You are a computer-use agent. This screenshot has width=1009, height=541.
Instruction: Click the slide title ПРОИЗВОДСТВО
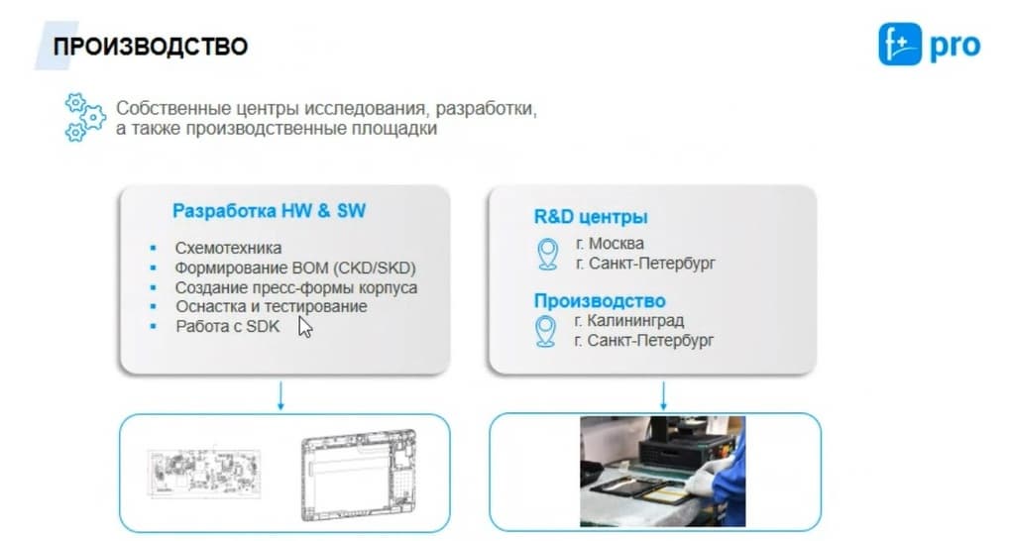(x=151, y=47)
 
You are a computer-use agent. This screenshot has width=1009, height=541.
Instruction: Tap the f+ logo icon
(x=900, y=44)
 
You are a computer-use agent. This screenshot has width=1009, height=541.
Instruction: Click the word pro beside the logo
(x=954, y=47)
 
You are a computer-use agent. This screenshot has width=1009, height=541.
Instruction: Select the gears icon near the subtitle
(x=84, y=117)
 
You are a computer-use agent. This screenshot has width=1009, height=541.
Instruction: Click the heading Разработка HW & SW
(x=269, y=211)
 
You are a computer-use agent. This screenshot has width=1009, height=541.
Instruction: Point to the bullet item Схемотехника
(x=228, y=248)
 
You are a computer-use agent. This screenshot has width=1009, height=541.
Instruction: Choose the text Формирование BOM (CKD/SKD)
(x=295, y=268)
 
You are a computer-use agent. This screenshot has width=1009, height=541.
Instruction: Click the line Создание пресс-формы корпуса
(x=296, y=287)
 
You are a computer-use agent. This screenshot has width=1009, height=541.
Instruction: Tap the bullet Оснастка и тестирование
(x=271, y=306)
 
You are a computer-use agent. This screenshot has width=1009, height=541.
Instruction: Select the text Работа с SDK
(x=228, y=326)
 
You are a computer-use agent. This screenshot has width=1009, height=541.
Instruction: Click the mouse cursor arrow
(x=305, y=327)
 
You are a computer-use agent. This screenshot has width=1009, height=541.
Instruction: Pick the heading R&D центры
(x=591, y=217)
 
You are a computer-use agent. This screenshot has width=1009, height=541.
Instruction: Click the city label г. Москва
(x=610, y=243)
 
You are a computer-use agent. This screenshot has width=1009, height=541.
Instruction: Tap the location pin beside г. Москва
(x=547, y=254)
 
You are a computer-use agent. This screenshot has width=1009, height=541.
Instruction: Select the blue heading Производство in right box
(x=600, y=300)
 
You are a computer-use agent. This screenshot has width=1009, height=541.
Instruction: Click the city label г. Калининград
(x=628, y=320)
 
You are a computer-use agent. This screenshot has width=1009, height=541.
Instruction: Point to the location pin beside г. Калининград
(x=546, y=332)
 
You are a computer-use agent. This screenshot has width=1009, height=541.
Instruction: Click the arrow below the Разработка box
(x=280, y=395)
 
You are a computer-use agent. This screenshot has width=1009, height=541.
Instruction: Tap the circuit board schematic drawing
(x=204, y=474)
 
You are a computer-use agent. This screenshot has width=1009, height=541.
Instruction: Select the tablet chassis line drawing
(x=359, y=475)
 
